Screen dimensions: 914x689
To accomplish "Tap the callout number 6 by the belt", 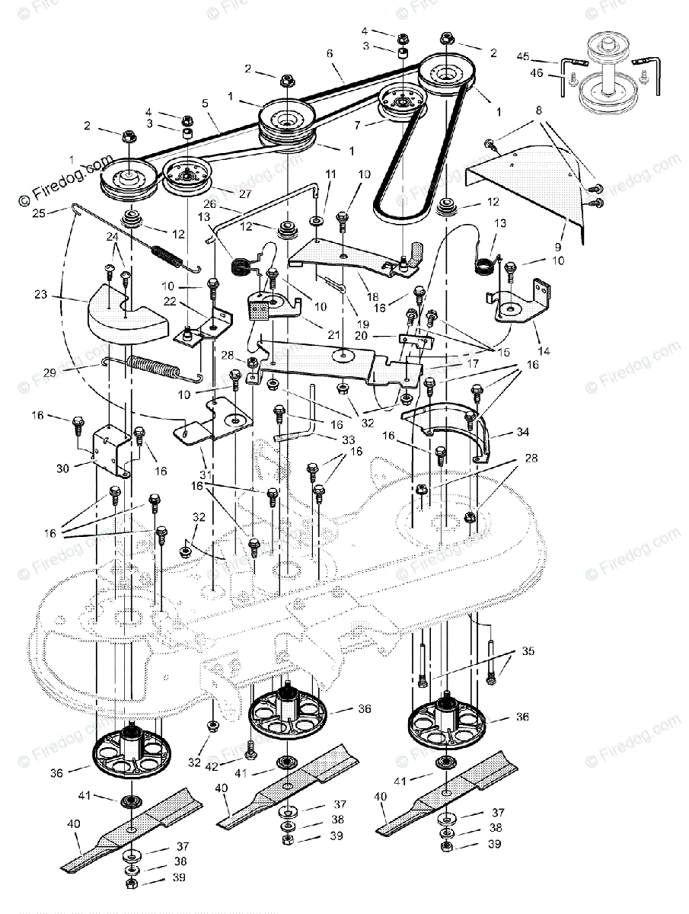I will coord(329,54).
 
